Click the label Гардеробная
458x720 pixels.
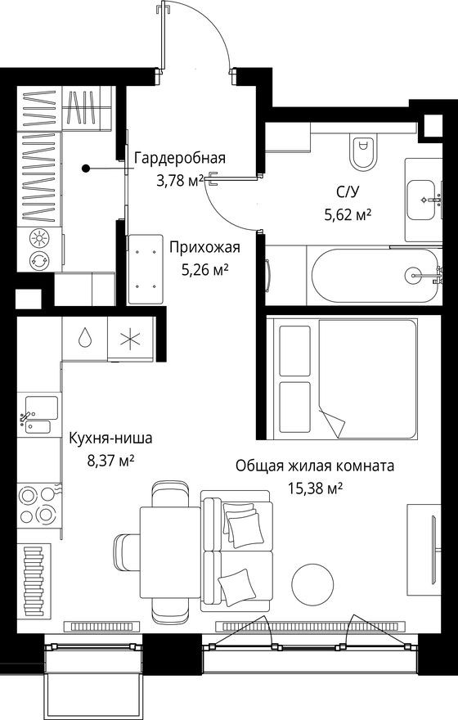(179, 159)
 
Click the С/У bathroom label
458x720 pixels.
(347, 194)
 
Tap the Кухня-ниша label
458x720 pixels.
(110, 439)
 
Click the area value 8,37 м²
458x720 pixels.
(110, 460)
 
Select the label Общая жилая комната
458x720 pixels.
(315, 466)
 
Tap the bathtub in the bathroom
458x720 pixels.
(373, 277)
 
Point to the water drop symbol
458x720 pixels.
(86, 339)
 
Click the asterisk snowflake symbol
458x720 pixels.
(128, 339)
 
